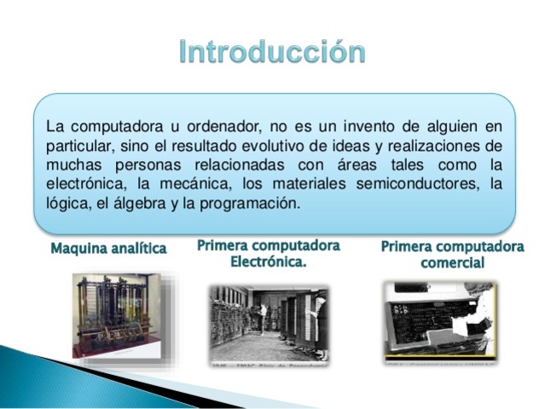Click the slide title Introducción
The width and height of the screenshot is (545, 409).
272,52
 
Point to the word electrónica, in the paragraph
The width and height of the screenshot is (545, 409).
85,185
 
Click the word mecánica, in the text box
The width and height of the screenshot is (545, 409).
191,185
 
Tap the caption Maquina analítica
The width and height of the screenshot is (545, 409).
108,250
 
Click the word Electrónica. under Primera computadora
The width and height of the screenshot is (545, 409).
269,262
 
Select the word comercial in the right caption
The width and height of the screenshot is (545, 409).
452,263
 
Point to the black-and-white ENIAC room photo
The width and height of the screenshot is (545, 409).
269,324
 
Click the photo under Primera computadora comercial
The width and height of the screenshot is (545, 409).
438,319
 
